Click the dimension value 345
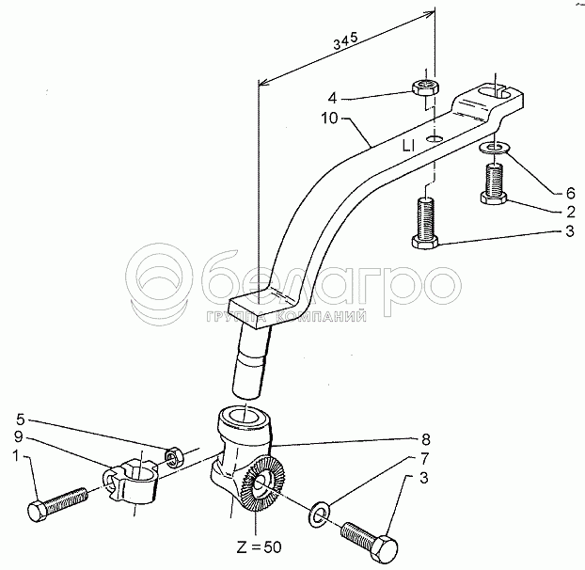coord(345,41)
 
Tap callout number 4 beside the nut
coord(332,98)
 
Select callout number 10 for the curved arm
coord(329,119)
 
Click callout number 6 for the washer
coord(571,193)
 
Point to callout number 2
coord(571,212)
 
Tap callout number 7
coord(424,458)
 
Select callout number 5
coord(20,420)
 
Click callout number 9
coord(19,436)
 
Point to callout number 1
coord(15,455)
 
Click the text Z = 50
coord(259,547)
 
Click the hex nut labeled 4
coord(425,88)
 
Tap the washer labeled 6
coord(494,148)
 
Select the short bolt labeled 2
coord(494,184)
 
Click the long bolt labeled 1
coord(57,504)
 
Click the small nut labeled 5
coord(173,458)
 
